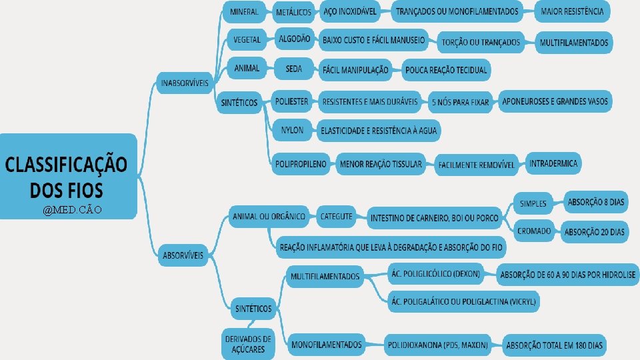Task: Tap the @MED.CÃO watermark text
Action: pyautogui.click(x=71, y=211)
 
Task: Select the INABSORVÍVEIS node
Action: pyautogui.click(x=185, y=83)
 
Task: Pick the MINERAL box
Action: pyautogui.click(x=245, y=11)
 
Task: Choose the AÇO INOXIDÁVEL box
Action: pyautogui.click(x=349, y=11)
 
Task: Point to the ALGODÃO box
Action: pyautogui.click(x=294, y=39)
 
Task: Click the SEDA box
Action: pyautogui.click(x=293, y=68)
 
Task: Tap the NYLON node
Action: pyautogui.click(x=291, y=130)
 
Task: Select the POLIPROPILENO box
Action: pyautogui.click(x=301, y=164)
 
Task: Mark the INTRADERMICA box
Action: pyautogui.click(x=554, y=163)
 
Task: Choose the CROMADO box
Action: pyautogui.click(x=534, y=231)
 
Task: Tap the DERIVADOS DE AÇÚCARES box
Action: pyautogui.click(x=248, y=343)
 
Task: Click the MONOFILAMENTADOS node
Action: pyautogui.click(x=327, y=345)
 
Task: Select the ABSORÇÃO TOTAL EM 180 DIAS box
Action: pyautogui.click(x=555, y=345)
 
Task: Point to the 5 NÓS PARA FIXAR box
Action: pyautogui.click(x=461, y=102)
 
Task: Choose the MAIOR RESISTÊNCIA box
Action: pyautogui.click(x=573, y=11)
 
